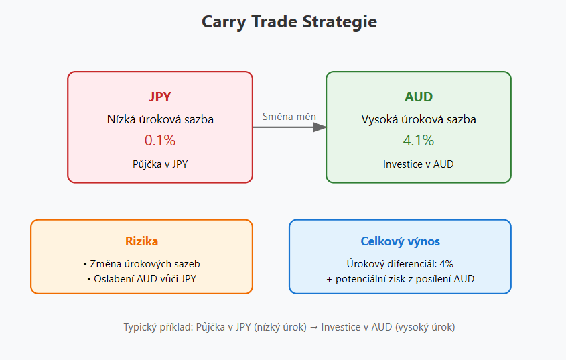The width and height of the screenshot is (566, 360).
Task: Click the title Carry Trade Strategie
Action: [x=289, y=22]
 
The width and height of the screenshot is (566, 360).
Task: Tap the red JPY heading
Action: [x=160, y=97]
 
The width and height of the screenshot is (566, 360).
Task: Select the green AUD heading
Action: [x=419, y=97]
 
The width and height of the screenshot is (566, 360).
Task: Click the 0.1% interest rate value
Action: [x=160, y=140]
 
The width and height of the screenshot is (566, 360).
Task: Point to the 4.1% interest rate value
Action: [x=419, y=140]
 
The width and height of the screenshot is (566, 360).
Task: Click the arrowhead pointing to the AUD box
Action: [x=320, y=127]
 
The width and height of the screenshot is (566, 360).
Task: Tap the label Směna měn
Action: [x=289, y=117]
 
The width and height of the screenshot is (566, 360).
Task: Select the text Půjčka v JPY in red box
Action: [x=160, y=164]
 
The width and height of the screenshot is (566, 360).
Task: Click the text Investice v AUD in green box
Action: [x=419, y=164]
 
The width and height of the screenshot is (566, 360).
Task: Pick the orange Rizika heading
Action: [x=141, y=241]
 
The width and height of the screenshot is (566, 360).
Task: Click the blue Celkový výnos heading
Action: [x=400, y=241]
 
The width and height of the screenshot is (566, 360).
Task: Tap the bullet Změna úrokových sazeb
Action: [x=141, y=264]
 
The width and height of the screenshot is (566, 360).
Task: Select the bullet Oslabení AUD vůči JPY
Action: [x=141, y=279]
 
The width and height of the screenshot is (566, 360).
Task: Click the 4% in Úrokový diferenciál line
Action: [x=446, y=264]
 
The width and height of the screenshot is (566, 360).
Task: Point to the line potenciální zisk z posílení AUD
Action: [x=405, y=279]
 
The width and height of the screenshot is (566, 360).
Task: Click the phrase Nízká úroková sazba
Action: [x=160, y=119]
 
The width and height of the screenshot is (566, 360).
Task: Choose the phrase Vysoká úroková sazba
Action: [x=419, y=119]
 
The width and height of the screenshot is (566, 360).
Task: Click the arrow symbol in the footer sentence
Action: [x=313, y=327]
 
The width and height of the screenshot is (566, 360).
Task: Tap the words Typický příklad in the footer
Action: [x=158, y=327]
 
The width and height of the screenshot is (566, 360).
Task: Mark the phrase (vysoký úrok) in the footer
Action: [x=425, y=327]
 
